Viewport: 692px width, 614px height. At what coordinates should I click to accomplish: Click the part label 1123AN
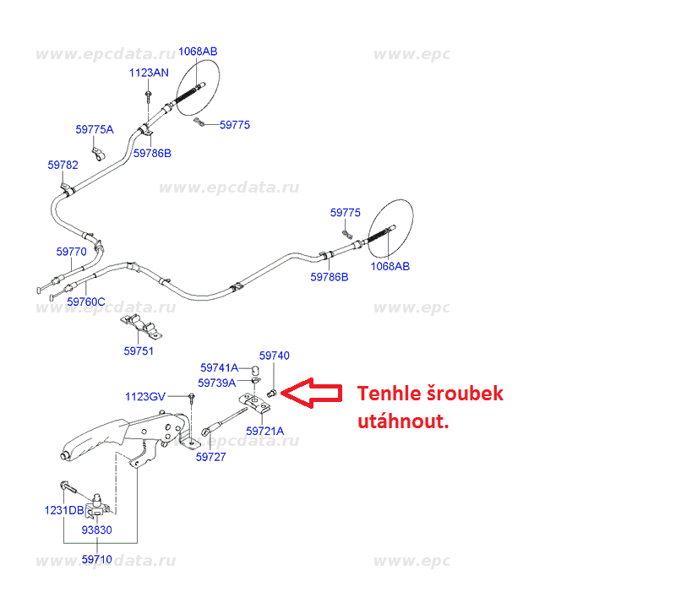[x=149, y=73]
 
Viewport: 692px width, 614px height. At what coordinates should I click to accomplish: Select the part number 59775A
[x=94, y=129]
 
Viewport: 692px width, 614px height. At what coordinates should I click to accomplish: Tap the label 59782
[x=63, y=166]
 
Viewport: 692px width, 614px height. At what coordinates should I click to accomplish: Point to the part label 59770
[x=72, y=252]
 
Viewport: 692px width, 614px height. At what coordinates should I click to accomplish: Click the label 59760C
[x=85, y=302]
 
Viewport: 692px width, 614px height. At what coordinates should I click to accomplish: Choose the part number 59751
[x=139, y=350]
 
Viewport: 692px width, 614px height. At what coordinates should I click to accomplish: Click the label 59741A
[x=220, y=368]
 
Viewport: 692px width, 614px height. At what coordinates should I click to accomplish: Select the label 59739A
[x=217, y=383]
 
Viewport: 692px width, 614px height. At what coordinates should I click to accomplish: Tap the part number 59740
[x=274, y=356]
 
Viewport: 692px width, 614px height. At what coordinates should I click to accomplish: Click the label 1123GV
[x=146, y=396]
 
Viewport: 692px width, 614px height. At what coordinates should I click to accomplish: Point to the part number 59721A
[x=265, y=431]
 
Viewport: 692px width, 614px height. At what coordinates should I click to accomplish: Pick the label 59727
[x=210, y=457]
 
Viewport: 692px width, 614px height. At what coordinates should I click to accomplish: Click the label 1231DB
[x=64, y=510]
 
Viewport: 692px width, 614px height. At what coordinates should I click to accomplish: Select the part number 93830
[x=96, y=530]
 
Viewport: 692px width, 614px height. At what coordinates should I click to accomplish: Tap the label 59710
[x=96, y=558]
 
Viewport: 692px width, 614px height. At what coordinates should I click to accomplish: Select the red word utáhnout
[x=402, y=421]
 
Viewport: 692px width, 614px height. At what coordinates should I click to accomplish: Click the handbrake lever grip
[x=89, y=441]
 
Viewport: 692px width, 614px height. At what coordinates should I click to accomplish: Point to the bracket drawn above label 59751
[x=141, y=326]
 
